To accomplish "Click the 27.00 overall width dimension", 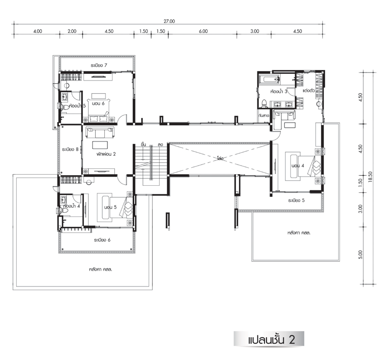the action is point(169,21).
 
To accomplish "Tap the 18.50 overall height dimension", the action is point(370,177).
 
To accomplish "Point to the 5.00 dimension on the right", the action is point(360,254).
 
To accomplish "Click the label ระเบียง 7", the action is point(99,65).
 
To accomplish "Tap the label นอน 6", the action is point(98,103).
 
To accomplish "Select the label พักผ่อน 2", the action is point(106,154).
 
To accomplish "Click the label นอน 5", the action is point(110,207).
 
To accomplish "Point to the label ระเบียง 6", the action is point(102,240).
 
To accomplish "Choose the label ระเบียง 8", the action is point(70,150).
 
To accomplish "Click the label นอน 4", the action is point(298,166).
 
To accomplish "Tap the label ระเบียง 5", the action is point(296,200).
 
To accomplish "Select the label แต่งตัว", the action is point(308,90).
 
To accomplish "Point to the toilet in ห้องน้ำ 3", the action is point(264,103).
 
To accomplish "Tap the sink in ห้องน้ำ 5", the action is point(65,97).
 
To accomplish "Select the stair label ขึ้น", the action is point(143,144).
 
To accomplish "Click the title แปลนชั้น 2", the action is point(271,340).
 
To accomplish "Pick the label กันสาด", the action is point(263,115).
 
